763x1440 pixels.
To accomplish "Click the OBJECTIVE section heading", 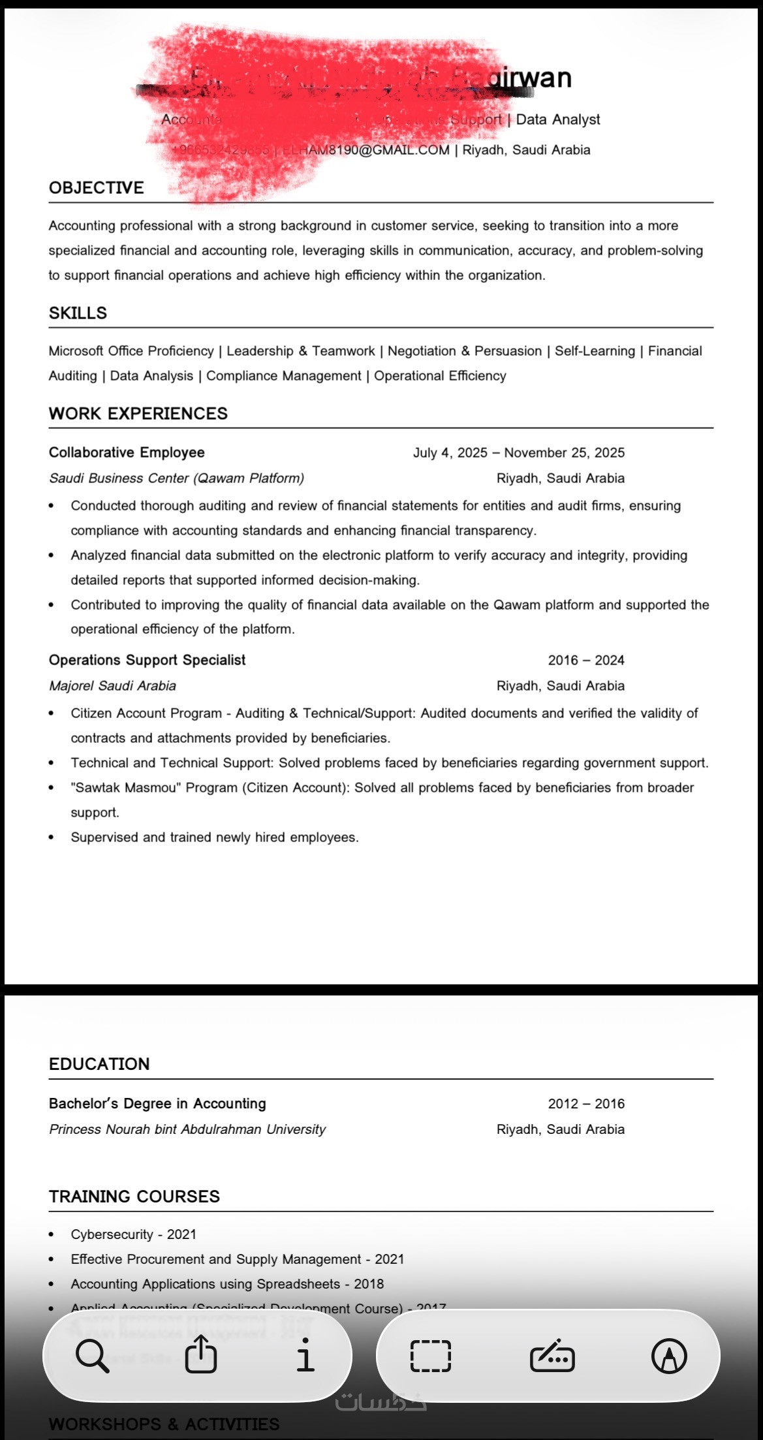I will [96, 188].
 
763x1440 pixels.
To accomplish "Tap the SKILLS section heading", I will [78, 313].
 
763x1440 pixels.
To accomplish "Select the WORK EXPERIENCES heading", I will [138, 414].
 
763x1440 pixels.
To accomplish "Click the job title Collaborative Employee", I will [127, 452].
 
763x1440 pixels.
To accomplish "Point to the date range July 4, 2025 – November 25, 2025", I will [518, 453].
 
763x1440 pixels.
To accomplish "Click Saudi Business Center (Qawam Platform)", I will [176, 478].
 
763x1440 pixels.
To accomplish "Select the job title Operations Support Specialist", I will [147, 660].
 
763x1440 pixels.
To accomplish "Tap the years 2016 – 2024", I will [585, 661].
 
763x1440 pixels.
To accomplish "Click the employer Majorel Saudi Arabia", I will [112, 686].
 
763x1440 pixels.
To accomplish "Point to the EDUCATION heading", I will [99, 1065].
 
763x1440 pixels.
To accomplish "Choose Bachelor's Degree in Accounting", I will [157, 1104].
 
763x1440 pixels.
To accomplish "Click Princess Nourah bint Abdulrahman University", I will [187, 1129].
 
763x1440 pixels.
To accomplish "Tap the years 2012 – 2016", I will [585, 1104].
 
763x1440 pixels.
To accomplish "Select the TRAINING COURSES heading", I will [134, 1197].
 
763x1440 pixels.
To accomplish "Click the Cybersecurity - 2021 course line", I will [133, 1234].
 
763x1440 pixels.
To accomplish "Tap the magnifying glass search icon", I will [92, 1356].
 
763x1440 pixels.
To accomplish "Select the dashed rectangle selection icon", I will [430, 1356].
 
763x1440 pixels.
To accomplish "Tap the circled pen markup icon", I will [669, 1356].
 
